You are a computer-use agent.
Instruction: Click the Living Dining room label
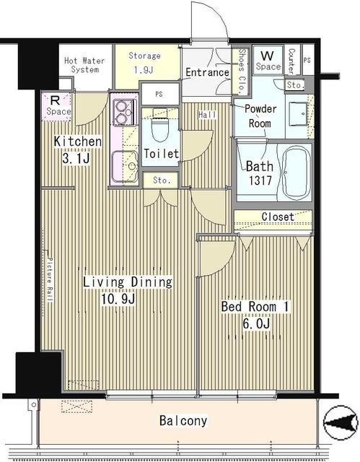coord(126,289)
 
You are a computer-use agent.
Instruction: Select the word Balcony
coord(183,420)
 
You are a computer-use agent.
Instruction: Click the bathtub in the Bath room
coord(296,173)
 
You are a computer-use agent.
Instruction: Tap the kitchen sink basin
coord(123,166)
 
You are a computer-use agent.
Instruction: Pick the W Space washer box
coord(268,60)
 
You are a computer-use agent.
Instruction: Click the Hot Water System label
coord(82,65)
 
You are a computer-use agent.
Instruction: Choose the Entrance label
coord(207,72)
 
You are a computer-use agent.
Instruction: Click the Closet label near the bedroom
coord(277,217)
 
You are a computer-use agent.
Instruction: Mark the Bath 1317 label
coord(258,173)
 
